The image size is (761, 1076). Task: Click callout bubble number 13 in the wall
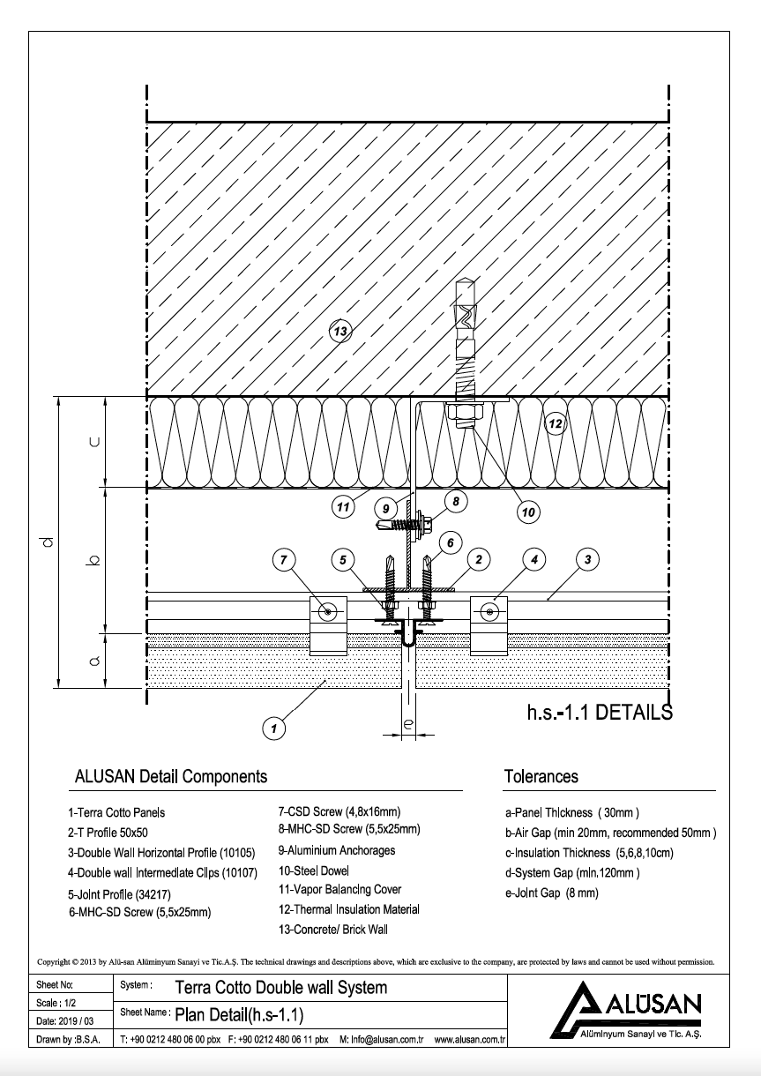point(340,332)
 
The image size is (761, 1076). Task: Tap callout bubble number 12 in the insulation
point(555,423)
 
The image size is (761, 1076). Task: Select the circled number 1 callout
point(275,728)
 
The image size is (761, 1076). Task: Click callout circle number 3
point(587,558)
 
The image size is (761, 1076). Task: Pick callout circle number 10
point(528,511)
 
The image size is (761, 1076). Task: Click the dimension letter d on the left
point(49,542)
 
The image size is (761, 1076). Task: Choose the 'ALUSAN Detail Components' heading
point(171,777)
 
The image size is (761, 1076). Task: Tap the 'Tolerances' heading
point(541,777)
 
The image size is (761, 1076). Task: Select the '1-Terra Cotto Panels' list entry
point(116,813)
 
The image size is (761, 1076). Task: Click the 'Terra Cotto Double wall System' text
point(281,987)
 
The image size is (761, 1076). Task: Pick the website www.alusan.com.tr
point(468,1041)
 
